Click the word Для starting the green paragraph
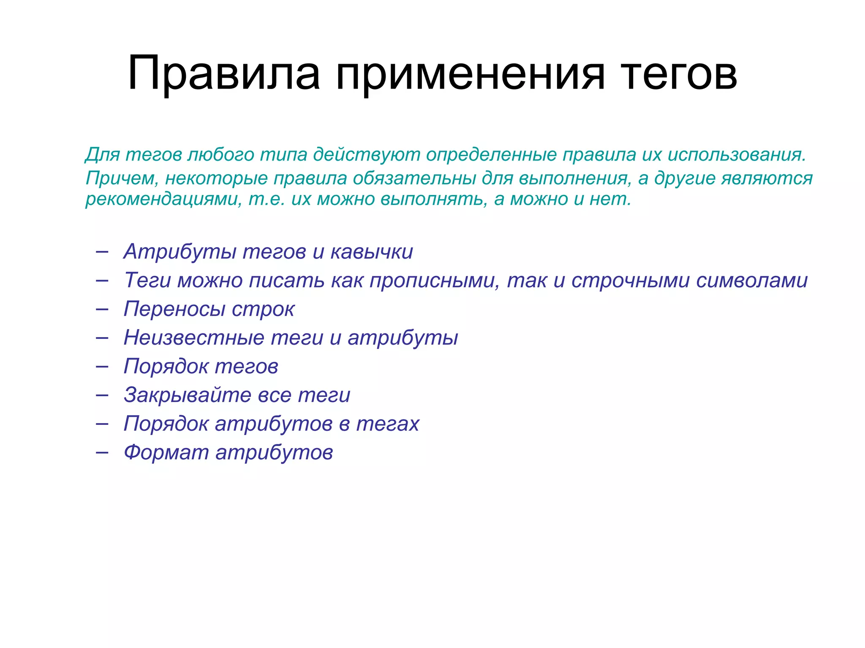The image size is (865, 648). pyautogui.click(x=103, y=155)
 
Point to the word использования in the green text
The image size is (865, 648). pyautogui.click(x=737, y=155)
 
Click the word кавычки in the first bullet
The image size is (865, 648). pyautogui.click(x=372, y=252)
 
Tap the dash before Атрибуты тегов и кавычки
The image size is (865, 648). pyautogui.click(x=102, y=252)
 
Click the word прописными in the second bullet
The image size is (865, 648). pyautogui.click(x=435, y=281)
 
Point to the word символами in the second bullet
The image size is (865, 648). pyautogui.click(x=752, y=281)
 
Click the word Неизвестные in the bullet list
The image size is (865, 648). pyautogui.click(x=194, y=338)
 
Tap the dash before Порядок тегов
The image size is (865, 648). pyautogui.click(x=102, y=366)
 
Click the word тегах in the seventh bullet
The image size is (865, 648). pyautogui.click(x=387, y=424)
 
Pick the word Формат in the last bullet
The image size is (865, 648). pyautogui.click(x=166, y=452)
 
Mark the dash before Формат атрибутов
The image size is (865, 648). pyautogui.click(x=102, y=452)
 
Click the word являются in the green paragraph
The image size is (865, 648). pyautogui.click(x=767, y=178)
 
